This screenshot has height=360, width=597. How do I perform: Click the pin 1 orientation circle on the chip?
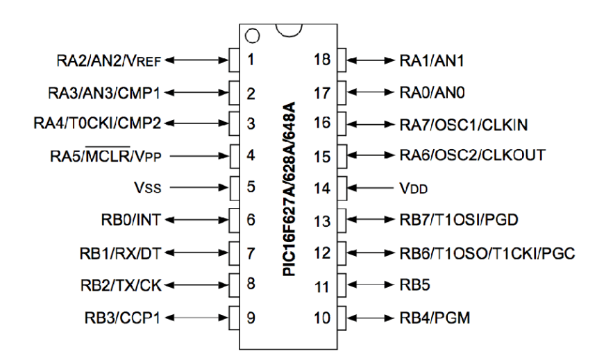click(x=252, y=35)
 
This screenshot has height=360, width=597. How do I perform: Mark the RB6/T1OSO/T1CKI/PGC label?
click(x=482, y=252)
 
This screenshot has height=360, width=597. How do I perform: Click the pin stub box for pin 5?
click(x=235, y=187)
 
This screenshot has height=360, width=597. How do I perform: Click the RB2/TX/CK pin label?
click(x=122, y=284)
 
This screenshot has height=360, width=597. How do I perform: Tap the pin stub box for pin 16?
click(x=341, y=123)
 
